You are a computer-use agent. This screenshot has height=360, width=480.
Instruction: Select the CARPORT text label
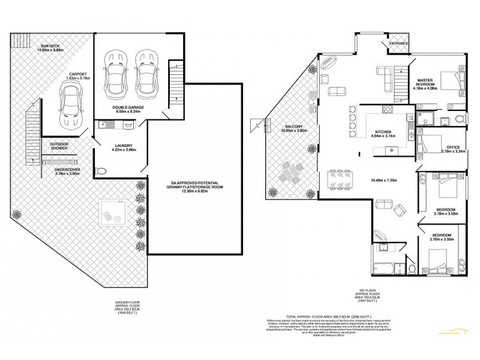point(77,76)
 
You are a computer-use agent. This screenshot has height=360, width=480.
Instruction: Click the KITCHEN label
point(383,133)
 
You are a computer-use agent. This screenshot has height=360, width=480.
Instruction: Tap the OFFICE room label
point(452,149)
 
